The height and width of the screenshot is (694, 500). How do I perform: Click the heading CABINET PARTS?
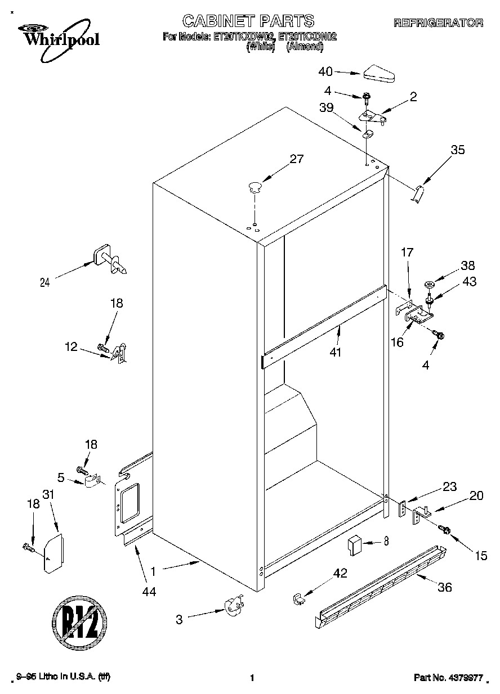(x=248, y=21)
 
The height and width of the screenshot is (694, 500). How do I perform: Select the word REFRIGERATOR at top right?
(x=438, y=23)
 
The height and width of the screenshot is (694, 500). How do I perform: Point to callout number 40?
(x=325, y=71)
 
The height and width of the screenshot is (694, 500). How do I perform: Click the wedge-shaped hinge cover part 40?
(x=380, y=73)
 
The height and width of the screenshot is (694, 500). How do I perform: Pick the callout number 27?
(x=296, y=159)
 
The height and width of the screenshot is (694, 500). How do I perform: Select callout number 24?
(x=44, y=283)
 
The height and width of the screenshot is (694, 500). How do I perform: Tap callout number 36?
(x=445, y=588)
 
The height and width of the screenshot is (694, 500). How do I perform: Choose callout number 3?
(x=179, y=620)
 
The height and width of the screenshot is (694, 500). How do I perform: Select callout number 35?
(x=458, y=150)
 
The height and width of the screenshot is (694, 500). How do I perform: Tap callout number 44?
(x=149, y=591)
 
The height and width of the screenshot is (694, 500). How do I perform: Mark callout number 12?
(x=70, y=348)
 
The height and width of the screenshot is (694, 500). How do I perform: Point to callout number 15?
(x=481, y=556)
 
